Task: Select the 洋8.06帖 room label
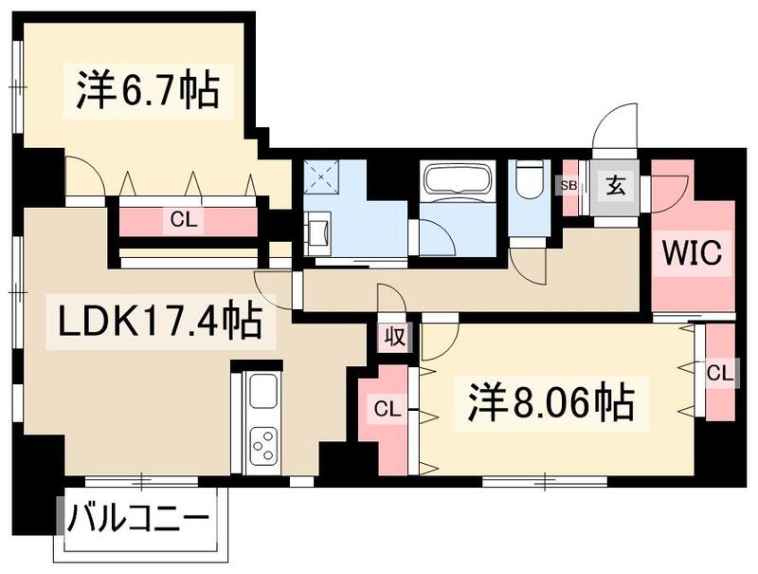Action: click(x=550, y=405)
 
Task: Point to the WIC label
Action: click(x=692, y=253)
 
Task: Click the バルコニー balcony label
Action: click(x=138, y=520)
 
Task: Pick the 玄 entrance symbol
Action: click(x=617, y=186)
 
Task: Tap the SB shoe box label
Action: click(x=568, y=186)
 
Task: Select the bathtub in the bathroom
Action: click(x=456, y=179)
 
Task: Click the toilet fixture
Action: click(x=528, y=179)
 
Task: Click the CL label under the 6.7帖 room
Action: click(x=184, y=220)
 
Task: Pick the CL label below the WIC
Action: click(x=719, y=374)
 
